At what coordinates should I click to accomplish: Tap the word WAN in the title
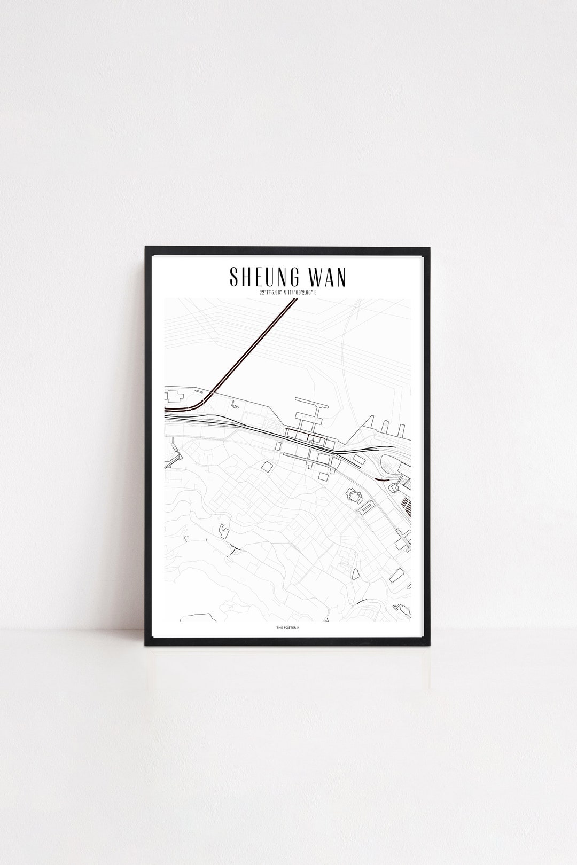pos(324,277)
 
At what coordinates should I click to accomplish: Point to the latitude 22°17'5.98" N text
pos(268,293)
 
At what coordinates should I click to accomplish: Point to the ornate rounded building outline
pos(354,497)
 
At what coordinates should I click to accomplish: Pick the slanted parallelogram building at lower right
pos(396,576)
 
